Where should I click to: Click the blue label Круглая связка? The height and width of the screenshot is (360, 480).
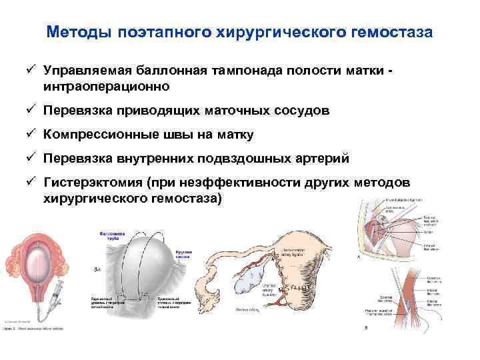183,255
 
